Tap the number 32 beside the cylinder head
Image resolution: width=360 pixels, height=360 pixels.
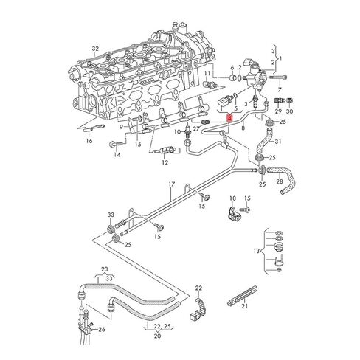(94, 49)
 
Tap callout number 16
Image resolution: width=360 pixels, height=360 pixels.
(90, 139)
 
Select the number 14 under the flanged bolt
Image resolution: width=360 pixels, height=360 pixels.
(116, 156)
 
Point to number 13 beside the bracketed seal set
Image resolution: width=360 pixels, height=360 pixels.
(257, 252)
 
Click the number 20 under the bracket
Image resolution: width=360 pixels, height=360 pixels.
(157, 336)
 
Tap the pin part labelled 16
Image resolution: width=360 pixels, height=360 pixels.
(85, 129)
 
